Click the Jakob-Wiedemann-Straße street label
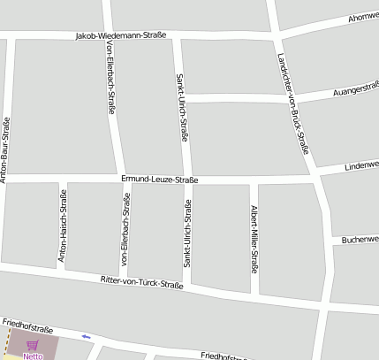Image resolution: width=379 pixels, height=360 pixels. click(x=121, y=35)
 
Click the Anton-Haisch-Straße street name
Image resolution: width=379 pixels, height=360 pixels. click(x=63, y=229)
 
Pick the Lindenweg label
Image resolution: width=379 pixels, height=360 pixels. click(x=361, y=165)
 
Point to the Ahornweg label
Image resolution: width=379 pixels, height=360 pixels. click(x=363, y=17)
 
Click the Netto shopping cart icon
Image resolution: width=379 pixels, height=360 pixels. click(x=33, y=345)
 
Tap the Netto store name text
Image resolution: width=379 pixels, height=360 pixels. click(x=33, y=356)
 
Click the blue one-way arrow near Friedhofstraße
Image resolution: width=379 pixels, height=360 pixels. click(x=86, y=336)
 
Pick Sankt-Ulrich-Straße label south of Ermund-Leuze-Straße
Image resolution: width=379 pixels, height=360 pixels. click(x=187, y=233)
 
